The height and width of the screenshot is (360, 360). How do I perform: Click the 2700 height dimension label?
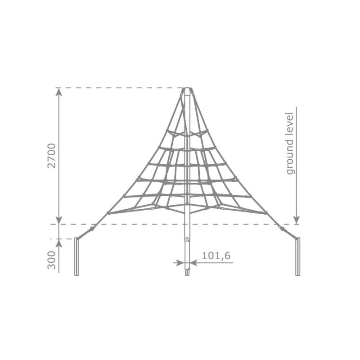(x=53, y=156)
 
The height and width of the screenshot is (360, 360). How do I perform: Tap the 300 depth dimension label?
(x=53, y=261)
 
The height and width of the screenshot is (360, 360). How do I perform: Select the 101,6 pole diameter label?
(x=216, y=256)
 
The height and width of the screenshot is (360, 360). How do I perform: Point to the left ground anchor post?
(x=76, y=256)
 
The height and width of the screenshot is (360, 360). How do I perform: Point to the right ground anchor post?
(x=297, y=256)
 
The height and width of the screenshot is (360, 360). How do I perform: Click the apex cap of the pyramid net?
(x=187, y=90)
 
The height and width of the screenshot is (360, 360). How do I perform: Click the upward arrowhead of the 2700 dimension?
(x=59, y=92)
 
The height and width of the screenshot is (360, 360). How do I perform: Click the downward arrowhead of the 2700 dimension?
(x=59, y=220)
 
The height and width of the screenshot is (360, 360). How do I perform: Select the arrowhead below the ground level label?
(x=296, y=220)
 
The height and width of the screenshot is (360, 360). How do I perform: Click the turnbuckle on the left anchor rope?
(x=92, y=229)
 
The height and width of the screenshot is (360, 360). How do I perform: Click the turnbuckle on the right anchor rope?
(x=282, y=229)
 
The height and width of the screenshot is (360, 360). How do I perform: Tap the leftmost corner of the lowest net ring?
(x=108, y=212)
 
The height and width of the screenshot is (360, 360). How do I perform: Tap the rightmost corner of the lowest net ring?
(x=267, y=212)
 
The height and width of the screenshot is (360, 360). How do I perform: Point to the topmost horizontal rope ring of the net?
(x=187, y=133)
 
